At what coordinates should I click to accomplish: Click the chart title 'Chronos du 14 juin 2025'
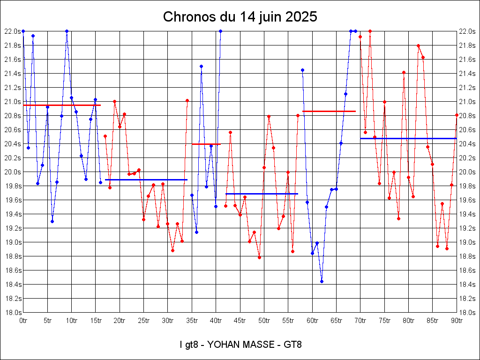(240, 17)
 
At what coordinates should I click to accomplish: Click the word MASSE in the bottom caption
(259, 345)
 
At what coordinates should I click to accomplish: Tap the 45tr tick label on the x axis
(240, 321)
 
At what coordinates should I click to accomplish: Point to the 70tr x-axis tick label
(360, 321)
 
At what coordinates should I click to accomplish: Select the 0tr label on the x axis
(23, 321)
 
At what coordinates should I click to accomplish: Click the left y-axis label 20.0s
(12, 172)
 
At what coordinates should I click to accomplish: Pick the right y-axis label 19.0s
(467, 242)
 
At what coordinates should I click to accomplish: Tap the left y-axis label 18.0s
(12, 313)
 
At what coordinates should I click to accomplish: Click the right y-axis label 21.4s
(467, 74)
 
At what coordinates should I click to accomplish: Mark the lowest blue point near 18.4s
(322, 281)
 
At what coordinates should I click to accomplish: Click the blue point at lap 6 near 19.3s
(52, 221)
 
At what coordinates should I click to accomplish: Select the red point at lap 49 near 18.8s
(259, 257)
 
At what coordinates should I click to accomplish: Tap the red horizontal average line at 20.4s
(206, 144)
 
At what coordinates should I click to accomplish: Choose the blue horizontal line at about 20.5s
(408, 138)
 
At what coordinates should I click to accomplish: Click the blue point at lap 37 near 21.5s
(201, 66)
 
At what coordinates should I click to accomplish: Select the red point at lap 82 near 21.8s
(418, 45)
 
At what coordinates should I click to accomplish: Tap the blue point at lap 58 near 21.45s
(302, 70)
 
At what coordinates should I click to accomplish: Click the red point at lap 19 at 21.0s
(114, 101)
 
